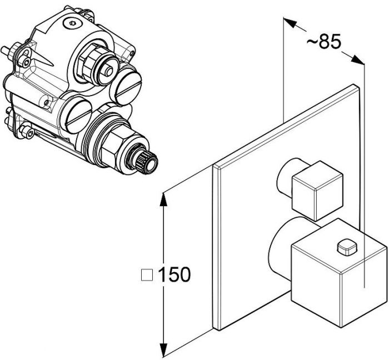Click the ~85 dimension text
coord(324,42)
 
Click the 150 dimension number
coord(174,274)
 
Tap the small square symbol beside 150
coord(147,275)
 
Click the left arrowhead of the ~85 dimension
coord(291,23)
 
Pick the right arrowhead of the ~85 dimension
coord(357,60)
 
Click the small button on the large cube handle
coord(347,247)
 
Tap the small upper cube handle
coord(317,191)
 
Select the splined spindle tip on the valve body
coord(146,162)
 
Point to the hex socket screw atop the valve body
coord(72,24)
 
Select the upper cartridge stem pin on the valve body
coord(108,71)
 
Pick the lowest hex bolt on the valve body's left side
coord(26,132)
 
